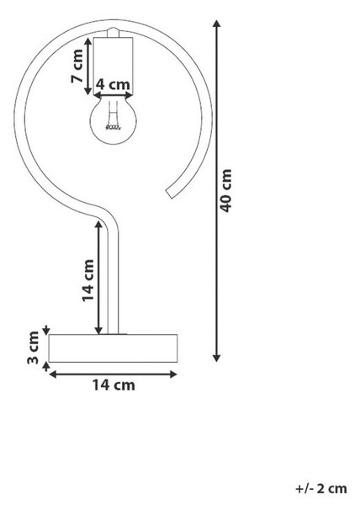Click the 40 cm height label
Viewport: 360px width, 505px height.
[x=226, y=190]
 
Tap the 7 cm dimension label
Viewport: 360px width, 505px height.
[x=77, y=66]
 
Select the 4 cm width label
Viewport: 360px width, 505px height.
[x=114, y=85]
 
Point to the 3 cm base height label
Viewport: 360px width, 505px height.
[x=33, y=348]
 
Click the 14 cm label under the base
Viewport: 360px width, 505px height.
[x=114, y=385]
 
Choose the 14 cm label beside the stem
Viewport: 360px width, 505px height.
[x=87, y=280]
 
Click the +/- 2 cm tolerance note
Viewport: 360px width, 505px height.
[x=321, y=488]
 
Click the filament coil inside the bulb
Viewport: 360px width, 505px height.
[x=113, y=127]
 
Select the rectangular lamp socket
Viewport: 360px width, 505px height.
[x=113, y=66]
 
